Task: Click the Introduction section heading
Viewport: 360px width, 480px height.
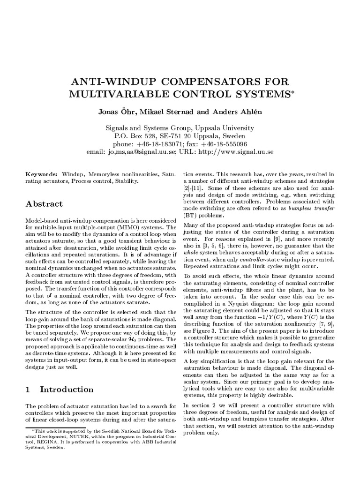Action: (67, 390)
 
